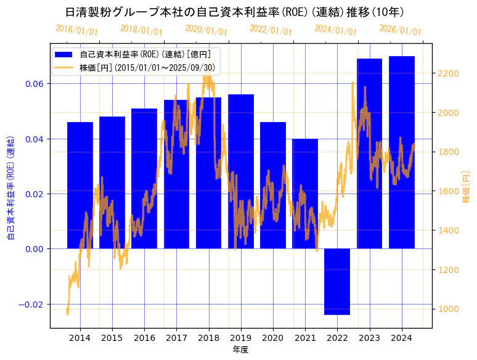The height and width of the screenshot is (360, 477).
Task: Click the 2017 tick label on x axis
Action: click(x=176, y=338)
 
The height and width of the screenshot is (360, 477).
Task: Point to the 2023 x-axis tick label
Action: click(x=369, y=338)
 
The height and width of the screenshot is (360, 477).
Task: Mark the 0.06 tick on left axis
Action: click(x=36, y=84)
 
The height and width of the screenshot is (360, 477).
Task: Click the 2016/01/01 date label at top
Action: click(x=76, y=30)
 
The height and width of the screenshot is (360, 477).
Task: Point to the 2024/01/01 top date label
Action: click(x=335, y=30)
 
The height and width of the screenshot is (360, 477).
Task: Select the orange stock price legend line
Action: click(x=63, y=67)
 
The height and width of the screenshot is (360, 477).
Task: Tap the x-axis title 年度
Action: click(x=240, y=350)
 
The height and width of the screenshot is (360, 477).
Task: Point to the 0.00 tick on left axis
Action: click(x=36, y=249)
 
